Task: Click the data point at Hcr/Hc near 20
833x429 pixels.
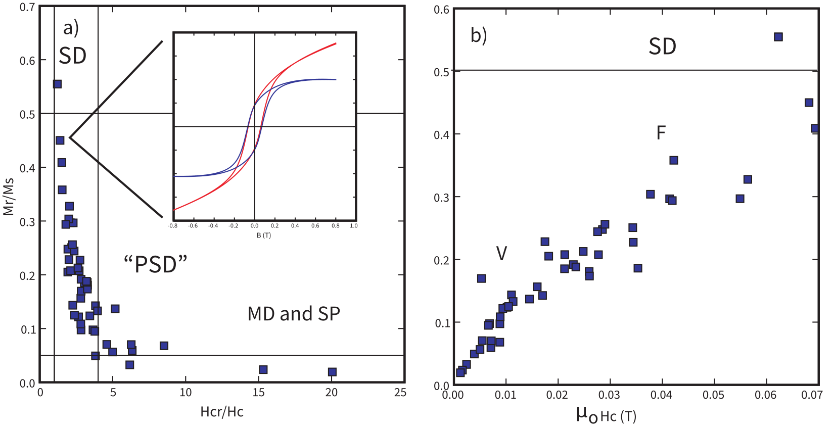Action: tap(332, 372)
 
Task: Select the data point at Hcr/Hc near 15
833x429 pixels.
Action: tap(263, 369)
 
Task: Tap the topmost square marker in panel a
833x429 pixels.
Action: tap(57, 84)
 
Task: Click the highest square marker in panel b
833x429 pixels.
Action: tap(778, 37)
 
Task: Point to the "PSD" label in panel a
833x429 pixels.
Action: tap(156, 264)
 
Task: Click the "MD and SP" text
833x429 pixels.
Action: tap(294, 314)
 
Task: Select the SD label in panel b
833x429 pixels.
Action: tap(662, 46)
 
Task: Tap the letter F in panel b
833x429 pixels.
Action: tap(661, 133)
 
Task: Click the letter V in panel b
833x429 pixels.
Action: tap(501, 253)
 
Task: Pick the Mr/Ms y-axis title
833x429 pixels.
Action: tap(8, 196)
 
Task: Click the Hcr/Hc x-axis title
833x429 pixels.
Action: tap(222, 412)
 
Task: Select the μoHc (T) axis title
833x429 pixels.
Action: tap(606, 415)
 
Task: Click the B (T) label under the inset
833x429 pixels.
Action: tap(263, 235)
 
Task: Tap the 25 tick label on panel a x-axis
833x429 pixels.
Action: tap(400, 393)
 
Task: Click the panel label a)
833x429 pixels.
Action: tap(71, 27)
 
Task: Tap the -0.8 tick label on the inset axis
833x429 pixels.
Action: tap(172, 226)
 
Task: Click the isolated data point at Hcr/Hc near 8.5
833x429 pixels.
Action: tap(164, 346)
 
